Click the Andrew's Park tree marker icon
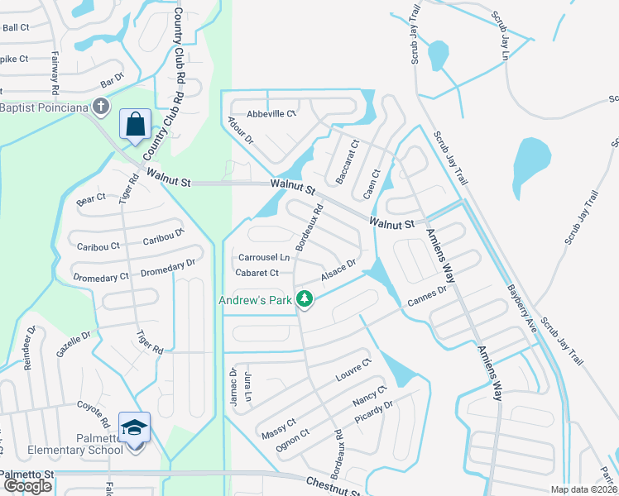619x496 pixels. click(x=305, y=300)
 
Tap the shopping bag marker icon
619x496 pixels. click(x=134, y=124)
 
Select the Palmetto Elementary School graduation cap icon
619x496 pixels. click(x=134, y=427)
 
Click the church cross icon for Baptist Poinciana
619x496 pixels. click(x=101, y=107)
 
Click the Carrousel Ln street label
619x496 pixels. click(x=265, y=257)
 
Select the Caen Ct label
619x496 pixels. click(x=372, y=184)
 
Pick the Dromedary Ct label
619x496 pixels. click(x=101, y=278)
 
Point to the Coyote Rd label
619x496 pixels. click(x=94, y=415)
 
